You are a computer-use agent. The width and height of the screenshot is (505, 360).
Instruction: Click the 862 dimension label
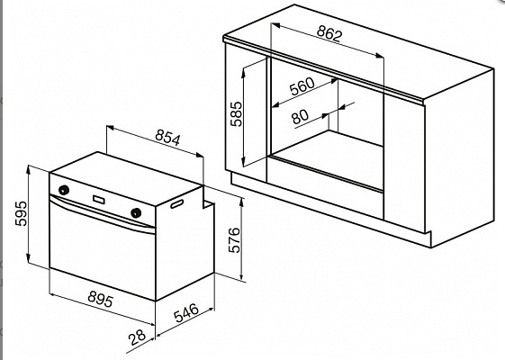pos(329,33)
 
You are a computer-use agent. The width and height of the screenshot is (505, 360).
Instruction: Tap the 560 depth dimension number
pos(302,86)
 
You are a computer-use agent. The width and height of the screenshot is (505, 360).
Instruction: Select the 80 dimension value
pos(300,117)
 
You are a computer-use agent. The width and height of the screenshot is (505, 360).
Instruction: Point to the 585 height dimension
pos(236,114)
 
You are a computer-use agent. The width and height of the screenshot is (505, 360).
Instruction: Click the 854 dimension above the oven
pos(167,138)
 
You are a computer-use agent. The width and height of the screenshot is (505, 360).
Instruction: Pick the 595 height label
pos(22,213)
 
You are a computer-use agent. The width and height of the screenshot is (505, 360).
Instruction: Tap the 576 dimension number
pos(234,240)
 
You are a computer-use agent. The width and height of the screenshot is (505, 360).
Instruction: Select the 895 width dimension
pos(101,299)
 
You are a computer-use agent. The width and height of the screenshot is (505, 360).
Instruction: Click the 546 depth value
pos(186,312)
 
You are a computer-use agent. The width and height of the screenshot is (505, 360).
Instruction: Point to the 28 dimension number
pos(137,337)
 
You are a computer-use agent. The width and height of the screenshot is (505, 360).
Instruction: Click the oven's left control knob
pos(64,190)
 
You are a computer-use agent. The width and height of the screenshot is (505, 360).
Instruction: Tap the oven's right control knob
pos(136,212)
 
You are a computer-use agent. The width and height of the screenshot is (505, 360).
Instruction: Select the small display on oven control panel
pos(99,200)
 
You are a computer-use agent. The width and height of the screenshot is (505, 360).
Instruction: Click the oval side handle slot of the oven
pos(176,203)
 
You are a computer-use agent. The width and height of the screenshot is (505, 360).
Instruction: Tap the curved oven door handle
pos(102,213)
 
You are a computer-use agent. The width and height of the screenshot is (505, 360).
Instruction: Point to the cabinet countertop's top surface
pos(358,51)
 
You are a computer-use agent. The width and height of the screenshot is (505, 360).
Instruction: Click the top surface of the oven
pos(126,179)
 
